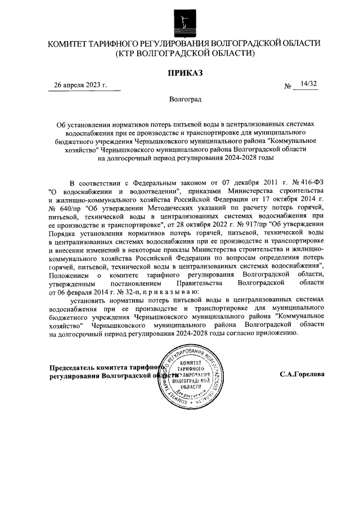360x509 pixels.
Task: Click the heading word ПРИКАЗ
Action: [x=184, y=73]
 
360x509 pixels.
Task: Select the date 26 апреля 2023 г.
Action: [x=79, y=85]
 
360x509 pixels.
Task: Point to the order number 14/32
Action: [x=309, y=84]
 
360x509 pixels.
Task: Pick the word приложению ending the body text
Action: [x=274, y=333]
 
